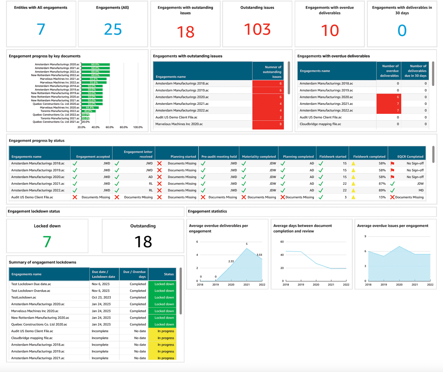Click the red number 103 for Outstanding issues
point(257,29)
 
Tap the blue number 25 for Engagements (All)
point(113,29)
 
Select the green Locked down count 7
point(47,242)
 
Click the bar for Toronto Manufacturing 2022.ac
point(89,111)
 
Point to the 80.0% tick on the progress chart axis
point(124,127)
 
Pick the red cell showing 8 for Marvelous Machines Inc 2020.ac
point(268,124)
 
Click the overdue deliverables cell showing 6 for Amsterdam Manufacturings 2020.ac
point(389,97)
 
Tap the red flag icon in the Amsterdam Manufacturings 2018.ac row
point(392,164)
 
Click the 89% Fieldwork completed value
point(382,190)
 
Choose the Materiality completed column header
point(259,157)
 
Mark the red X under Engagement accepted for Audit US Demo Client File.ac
point(75,197)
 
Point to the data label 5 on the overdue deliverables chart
point(247,244)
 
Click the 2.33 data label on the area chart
point(231,261)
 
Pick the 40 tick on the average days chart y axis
point(282,255)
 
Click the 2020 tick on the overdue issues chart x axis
point(399,285)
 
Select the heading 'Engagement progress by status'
point(37,141)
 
